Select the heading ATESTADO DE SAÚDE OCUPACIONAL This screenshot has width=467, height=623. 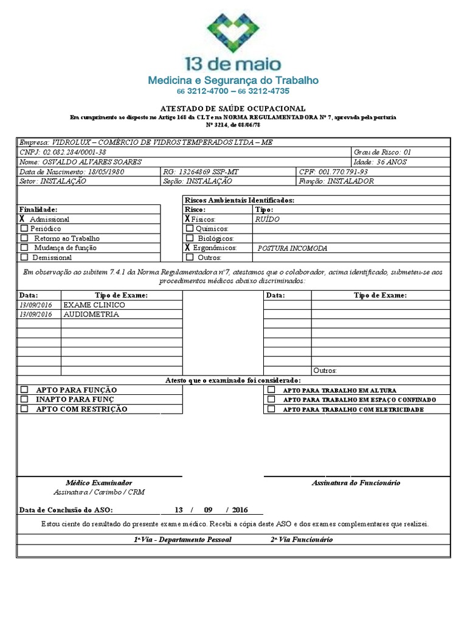coord(233,107)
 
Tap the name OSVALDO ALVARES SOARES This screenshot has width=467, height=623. coord(89,162)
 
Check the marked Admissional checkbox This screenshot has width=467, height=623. coord(22,218)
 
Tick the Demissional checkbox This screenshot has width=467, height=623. coord(24,257)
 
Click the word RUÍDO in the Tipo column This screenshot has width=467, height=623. coord(268,218)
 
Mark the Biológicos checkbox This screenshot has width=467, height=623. coord(190,238)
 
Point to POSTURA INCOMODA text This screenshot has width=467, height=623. coord(292,248)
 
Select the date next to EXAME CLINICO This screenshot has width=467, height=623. coord(36,305)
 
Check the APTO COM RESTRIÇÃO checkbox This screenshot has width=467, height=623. coord(24,409)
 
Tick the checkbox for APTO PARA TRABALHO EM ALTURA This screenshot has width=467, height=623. coord(271,390)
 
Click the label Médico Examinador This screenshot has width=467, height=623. coord(99,482)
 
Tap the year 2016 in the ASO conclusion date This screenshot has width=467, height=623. coord(240,510)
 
